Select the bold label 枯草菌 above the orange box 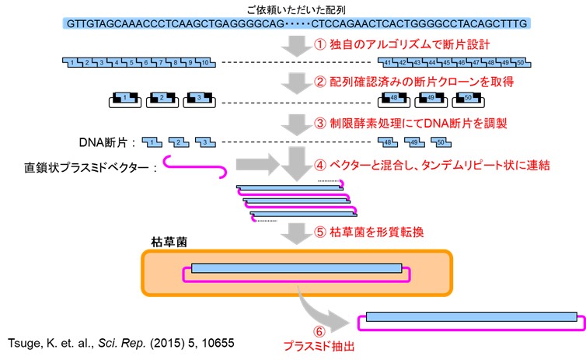pyautogui.click(x=167, y=243)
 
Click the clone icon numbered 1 pyautogui.click(x=120, y=100)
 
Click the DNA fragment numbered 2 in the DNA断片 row pyautogui.click(x=180, y=142)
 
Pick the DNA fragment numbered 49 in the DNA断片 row pyautogui.click(x=415, y=142)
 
